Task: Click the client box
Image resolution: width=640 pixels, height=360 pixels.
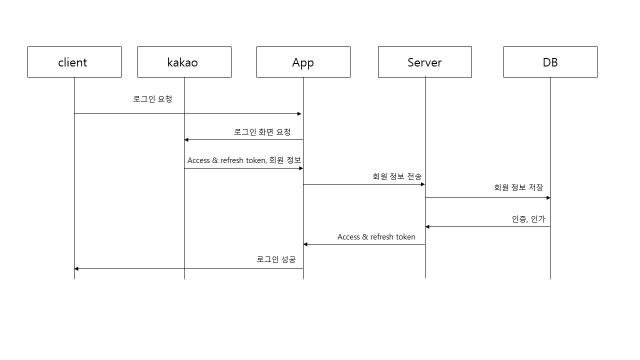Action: tap(74, 62)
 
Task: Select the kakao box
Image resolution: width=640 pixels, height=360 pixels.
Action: tap(184, 62)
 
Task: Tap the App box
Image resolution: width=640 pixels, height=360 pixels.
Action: tap(303, 62)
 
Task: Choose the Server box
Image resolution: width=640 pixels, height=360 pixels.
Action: tap(424, 62)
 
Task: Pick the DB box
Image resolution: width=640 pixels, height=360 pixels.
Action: tap(550, 62)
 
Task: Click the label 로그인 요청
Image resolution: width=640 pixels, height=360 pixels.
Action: tap(152, 99)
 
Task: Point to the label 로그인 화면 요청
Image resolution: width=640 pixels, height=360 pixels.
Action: tap(262, 132)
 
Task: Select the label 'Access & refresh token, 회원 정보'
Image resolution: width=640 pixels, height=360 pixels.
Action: tap(244, 160)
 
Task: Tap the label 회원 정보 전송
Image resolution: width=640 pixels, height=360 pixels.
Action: tap(396, 176)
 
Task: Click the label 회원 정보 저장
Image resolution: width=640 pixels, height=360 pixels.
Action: tap(518, 187)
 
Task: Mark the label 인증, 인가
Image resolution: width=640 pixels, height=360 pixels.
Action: tap(528, 219)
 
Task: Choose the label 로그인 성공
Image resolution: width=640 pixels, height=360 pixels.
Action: tap(276, 259)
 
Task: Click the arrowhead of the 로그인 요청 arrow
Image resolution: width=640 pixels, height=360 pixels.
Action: tap(299, 114)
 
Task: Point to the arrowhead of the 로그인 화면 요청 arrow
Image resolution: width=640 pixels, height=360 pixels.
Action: tap(187, 140)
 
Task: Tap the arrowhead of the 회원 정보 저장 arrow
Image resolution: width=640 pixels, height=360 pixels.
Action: tap(548, 198)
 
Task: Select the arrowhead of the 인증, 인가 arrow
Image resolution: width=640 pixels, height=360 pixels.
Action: tap(427, 227)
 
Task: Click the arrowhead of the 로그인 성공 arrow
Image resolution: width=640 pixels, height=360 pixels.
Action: tap(77, 269)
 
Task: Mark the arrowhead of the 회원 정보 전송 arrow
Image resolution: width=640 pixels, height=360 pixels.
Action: tap(422, 184)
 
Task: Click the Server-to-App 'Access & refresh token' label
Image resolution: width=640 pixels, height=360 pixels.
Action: tap(376, 237)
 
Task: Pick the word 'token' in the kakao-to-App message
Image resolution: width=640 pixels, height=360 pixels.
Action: tap(255, 160)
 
